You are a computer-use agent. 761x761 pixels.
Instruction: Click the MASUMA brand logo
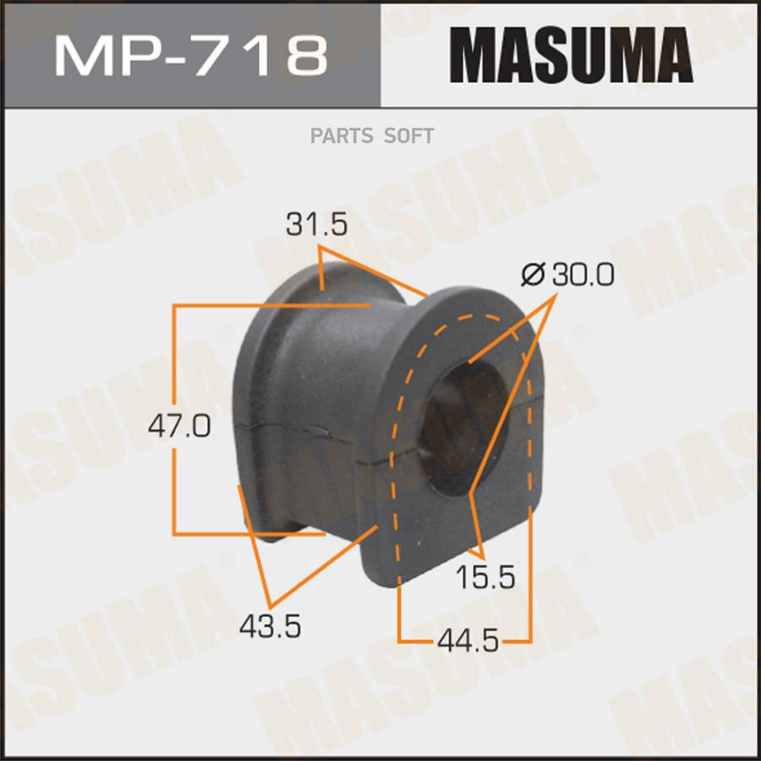[572, 55]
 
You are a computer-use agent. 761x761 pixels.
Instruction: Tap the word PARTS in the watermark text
[342, 136]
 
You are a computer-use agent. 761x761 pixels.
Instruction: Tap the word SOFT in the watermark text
[408, 136]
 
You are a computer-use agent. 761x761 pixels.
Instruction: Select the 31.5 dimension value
[316, 225]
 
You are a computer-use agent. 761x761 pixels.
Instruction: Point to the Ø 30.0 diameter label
[567, 275]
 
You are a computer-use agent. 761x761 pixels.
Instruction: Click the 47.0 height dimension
[179, 427]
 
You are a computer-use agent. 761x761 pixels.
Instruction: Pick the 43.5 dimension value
[270, 626]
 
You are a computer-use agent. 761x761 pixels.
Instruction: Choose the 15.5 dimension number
[485, 578]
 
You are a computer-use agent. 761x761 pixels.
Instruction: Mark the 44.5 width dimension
[468, 641]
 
